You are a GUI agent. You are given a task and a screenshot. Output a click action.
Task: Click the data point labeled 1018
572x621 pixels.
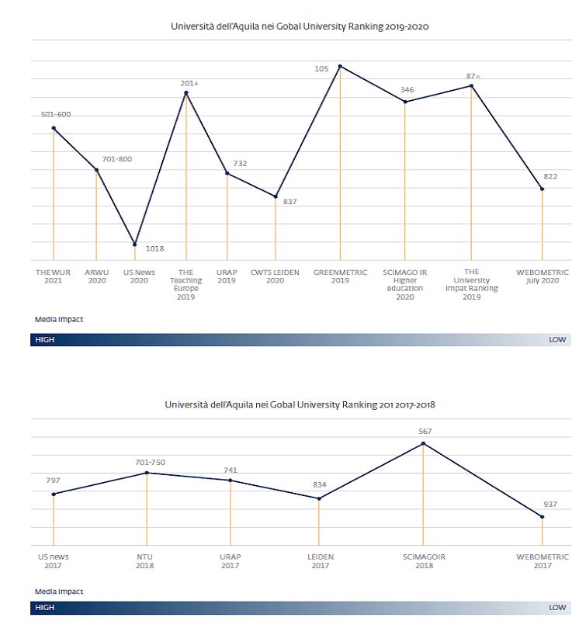[135, 245]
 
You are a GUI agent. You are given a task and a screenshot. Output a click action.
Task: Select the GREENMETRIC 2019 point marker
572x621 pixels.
[340, 66]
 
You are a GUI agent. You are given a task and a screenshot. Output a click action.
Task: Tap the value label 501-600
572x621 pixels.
[56, 115]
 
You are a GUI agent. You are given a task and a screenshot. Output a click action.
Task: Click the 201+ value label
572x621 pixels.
[189, 82]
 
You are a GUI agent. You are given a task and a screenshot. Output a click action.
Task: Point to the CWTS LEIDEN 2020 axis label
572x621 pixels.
[275, 276]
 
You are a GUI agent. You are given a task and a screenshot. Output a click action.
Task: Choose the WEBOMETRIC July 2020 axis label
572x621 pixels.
[543, 276]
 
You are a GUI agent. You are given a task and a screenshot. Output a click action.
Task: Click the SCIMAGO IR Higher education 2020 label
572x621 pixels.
[404, 284]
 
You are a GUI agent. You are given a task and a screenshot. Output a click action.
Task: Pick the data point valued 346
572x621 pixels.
[405, 102]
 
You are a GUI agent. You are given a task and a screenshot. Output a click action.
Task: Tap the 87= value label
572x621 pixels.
[473, 75]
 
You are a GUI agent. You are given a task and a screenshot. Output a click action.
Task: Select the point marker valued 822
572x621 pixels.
[543, 189]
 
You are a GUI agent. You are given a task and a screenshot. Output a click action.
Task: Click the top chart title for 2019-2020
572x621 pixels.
[300, 26]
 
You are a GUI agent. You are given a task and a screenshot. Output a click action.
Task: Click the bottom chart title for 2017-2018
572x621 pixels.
[300, 404]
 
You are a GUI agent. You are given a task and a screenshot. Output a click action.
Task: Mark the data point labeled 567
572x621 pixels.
[424, 443]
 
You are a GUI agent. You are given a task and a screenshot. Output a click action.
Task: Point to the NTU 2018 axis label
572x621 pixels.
[144, 561]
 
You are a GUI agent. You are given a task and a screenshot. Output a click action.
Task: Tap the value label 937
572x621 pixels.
[549, 502]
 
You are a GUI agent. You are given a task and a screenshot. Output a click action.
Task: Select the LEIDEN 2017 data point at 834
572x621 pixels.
[319, 498]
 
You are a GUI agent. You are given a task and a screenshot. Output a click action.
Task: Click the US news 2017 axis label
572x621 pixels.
[54, 561]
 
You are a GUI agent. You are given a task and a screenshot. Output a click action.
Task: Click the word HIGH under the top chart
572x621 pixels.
[45, 340]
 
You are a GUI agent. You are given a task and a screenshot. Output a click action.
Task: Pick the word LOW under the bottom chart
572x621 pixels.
[557, 608]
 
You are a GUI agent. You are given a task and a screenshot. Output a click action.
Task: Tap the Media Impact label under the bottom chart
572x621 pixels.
[59, 592]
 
